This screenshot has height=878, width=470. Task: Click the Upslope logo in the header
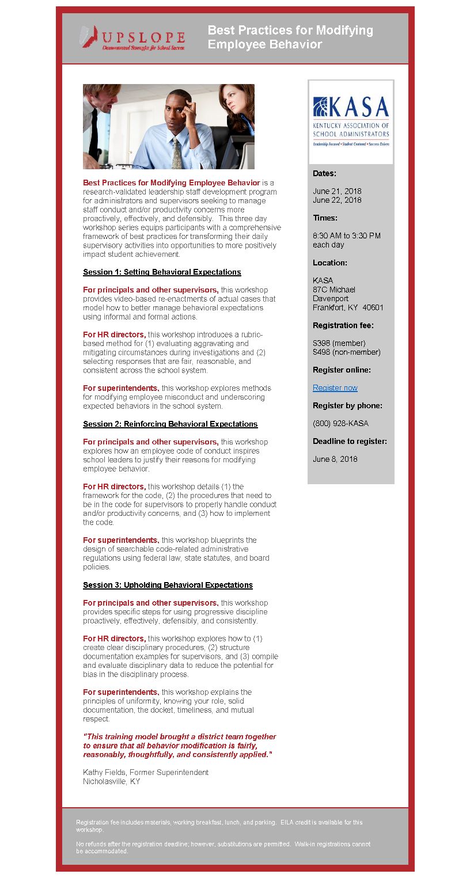tap(132, 38)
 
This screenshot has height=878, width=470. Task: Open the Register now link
tap(335, 388)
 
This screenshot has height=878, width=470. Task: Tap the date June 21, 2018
tap(337, 191)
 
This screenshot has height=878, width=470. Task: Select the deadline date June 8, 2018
tap(335, 459)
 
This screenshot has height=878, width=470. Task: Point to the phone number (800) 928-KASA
tap(340, 424)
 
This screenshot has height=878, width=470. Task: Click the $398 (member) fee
tap(339, 343)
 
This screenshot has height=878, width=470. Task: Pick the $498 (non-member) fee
tap(346, 352)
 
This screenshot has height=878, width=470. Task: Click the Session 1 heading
tap(162, 272)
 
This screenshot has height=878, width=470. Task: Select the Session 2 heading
tap(170, 424)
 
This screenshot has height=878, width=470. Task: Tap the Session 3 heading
tap(168, 586)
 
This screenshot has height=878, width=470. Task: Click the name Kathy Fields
tap(104, 773)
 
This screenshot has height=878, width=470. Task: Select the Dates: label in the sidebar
tap(324, 173)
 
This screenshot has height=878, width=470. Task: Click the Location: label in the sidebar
tap(329, 263)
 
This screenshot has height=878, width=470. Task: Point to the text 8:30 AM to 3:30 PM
tap(346, 236)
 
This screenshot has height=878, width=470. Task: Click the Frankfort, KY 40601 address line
tap(348, 307)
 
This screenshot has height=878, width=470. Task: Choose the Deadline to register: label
tap(350, 442)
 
